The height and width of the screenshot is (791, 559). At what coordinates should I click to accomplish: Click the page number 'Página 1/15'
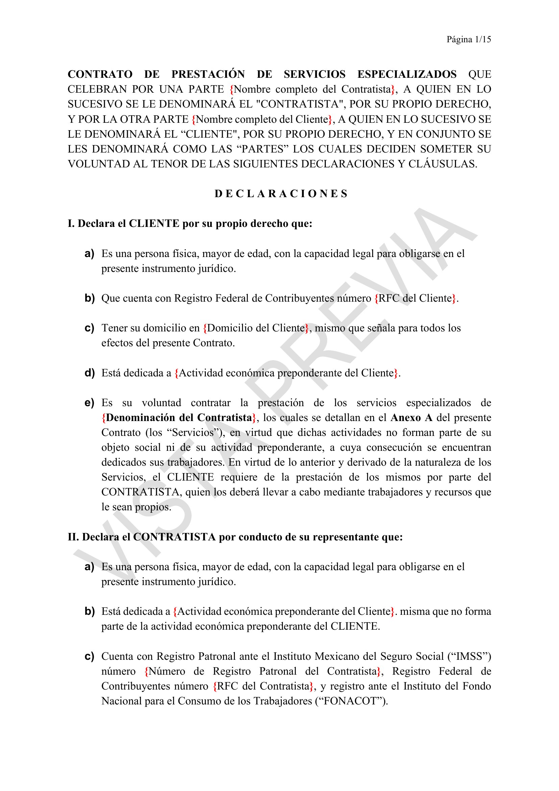point(468,40)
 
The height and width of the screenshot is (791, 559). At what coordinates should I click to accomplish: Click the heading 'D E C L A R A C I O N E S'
point(281,194)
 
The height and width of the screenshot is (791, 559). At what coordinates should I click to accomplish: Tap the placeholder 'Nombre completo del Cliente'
point(262,119)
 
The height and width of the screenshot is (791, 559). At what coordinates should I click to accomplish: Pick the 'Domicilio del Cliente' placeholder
point(256,328)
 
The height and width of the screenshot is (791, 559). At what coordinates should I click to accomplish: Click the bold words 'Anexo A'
point(411,418)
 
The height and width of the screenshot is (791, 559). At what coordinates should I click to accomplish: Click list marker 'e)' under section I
point(90,403)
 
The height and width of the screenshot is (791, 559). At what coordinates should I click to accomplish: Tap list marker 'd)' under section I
point(90,373)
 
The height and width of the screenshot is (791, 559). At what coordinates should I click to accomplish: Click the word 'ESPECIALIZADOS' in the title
point(407,74)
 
